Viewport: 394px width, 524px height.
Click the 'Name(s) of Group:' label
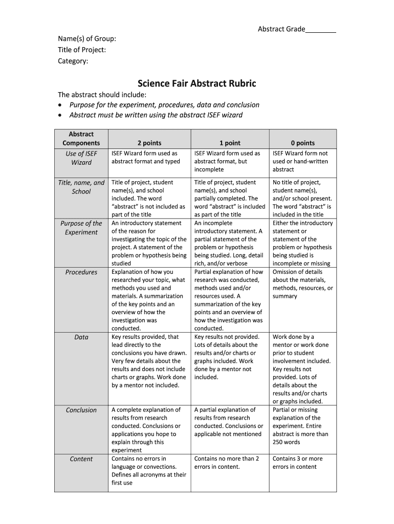point(86,38)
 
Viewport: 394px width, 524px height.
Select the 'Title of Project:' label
point(82,50)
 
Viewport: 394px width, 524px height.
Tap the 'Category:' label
point(73,61)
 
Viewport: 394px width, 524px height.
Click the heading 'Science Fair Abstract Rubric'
point(197,83)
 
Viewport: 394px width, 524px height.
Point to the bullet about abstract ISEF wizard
point(156,115)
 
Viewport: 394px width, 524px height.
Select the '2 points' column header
point(149,143)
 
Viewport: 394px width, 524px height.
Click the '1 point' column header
point(230,143)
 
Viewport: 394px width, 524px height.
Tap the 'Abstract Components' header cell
point(81,138)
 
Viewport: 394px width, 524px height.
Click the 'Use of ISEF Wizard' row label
point(81,158)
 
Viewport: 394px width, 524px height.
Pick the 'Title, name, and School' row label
point(81,187)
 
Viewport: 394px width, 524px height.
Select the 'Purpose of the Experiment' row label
point(81,228)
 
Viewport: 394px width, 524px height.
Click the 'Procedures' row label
point(81,272)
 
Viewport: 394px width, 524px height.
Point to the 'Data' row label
point(81,337)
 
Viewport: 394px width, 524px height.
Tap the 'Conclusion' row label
point(81,410)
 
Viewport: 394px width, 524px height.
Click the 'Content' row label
point(81,459)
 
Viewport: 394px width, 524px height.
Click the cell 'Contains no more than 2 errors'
point(227,463)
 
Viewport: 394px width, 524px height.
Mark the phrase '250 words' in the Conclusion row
point(287,442)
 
